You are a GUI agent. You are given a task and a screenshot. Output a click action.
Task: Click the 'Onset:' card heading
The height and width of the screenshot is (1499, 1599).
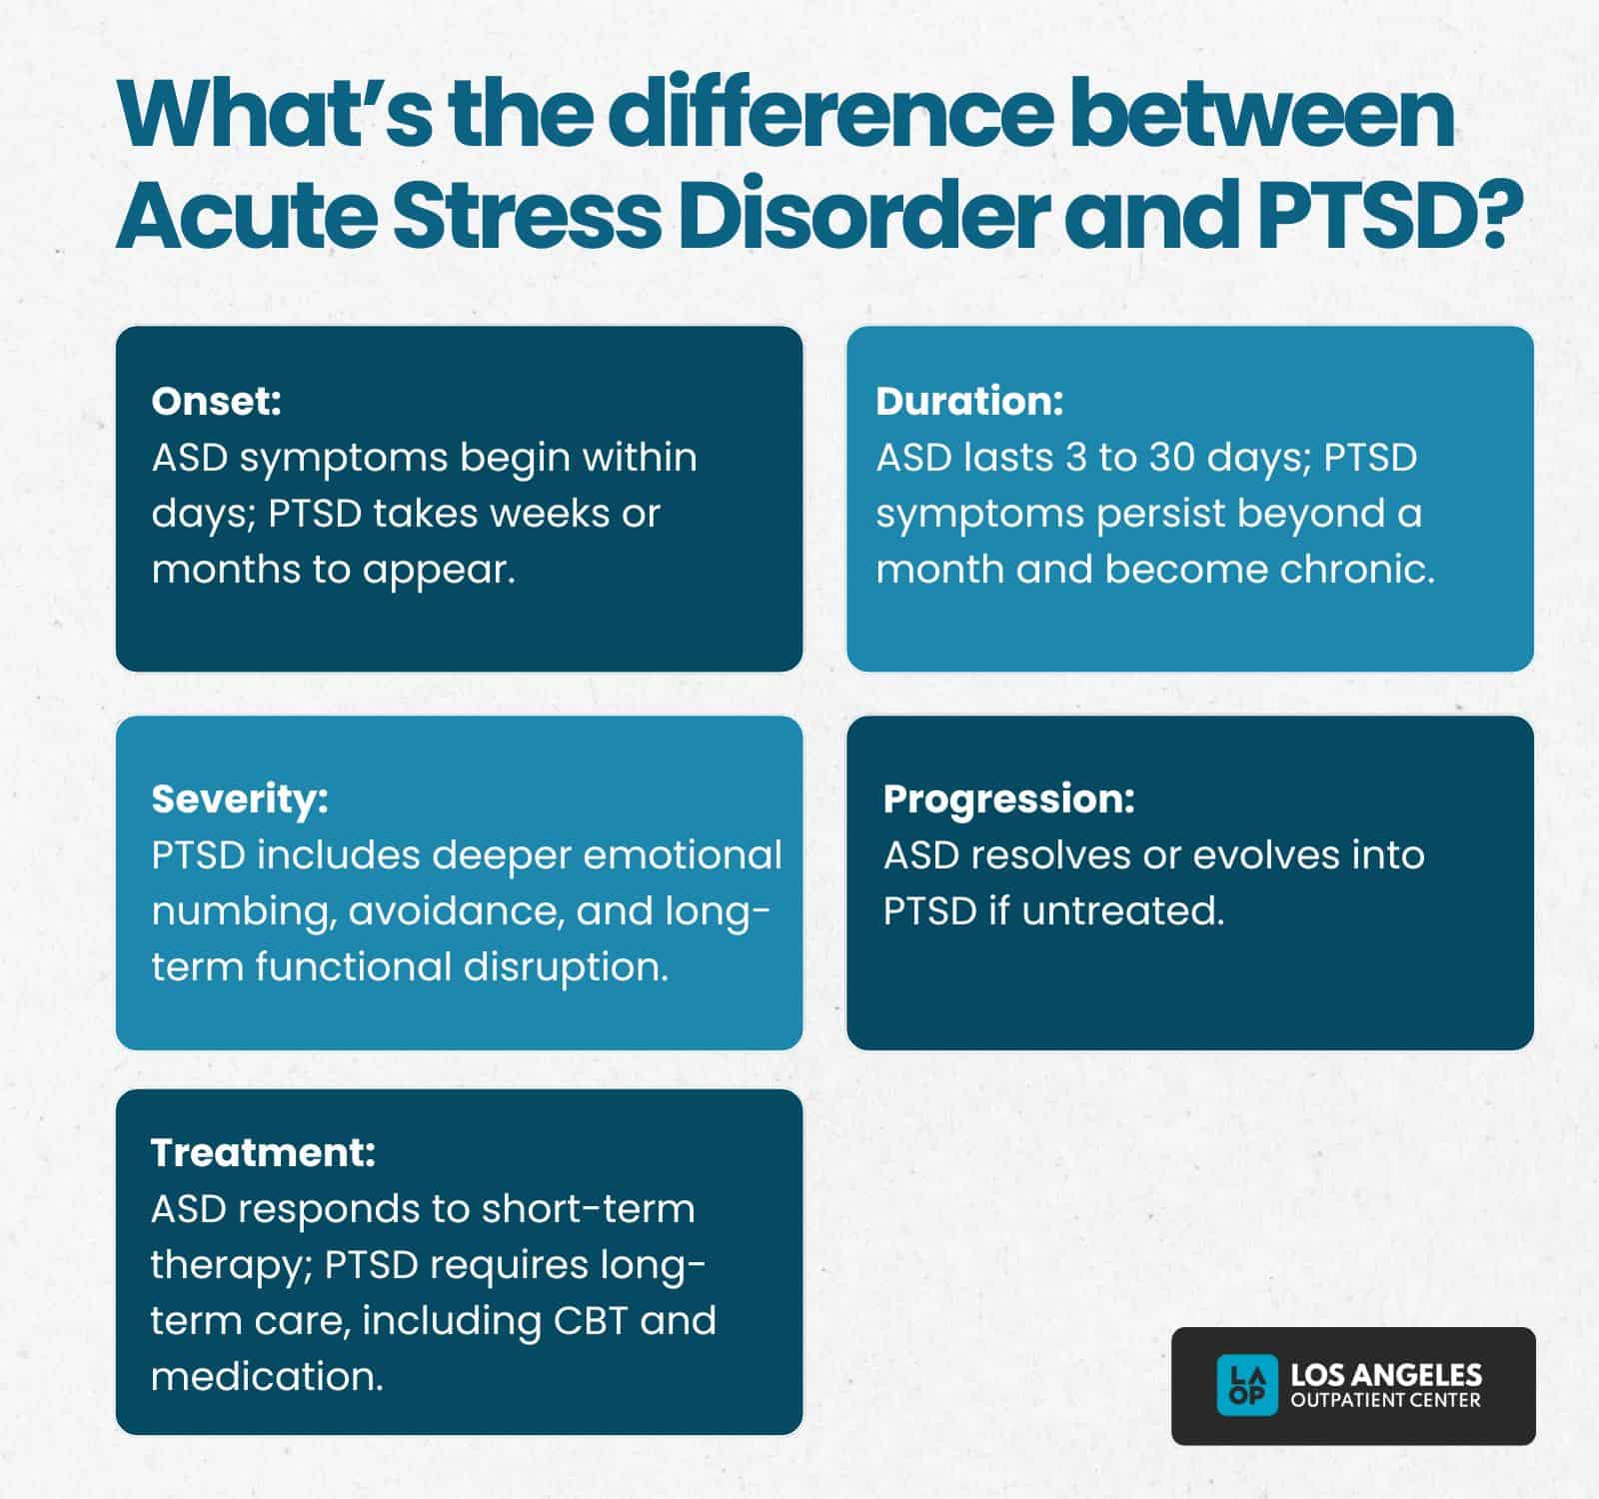(217, 401)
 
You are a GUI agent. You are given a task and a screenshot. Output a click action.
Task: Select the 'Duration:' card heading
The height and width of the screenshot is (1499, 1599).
(969, 401)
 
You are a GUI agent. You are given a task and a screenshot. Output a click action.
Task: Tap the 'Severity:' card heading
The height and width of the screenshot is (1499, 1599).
(240, 798)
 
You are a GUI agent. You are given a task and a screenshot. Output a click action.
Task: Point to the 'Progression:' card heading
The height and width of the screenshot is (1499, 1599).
(1009, 798)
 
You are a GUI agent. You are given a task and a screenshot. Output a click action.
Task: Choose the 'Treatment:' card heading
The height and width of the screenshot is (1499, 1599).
(263, 1152)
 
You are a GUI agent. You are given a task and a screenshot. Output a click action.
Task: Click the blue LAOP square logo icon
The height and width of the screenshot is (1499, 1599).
(1246, 1385)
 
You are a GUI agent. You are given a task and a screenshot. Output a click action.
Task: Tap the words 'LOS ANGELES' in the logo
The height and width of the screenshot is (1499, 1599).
(1386, 1375)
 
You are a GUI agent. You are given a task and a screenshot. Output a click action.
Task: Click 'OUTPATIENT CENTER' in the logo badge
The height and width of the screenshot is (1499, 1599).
(1386, 1400)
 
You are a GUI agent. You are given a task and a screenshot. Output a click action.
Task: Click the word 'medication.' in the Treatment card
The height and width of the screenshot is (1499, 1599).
(267, 1376)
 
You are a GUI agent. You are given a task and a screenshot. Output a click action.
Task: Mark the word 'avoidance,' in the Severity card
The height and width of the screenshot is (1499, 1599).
(456, 910)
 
